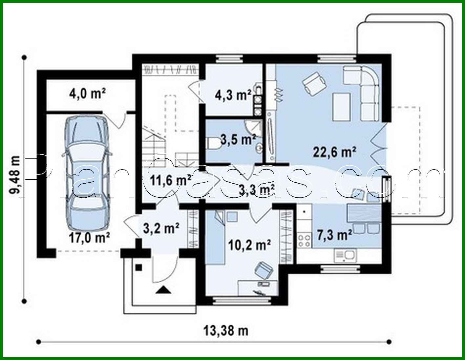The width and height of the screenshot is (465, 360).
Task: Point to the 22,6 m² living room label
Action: [x=334, y=152]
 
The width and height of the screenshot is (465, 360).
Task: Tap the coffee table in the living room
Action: [x=341, y=106]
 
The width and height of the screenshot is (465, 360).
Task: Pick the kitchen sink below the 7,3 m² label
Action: [x=345, y=255]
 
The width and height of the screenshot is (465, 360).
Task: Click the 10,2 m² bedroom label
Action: [x=250, y=245]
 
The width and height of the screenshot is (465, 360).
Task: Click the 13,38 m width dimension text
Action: [x=226, y=331]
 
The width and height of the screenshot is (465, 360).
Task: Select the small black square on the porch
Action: [x=139, y=267]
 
